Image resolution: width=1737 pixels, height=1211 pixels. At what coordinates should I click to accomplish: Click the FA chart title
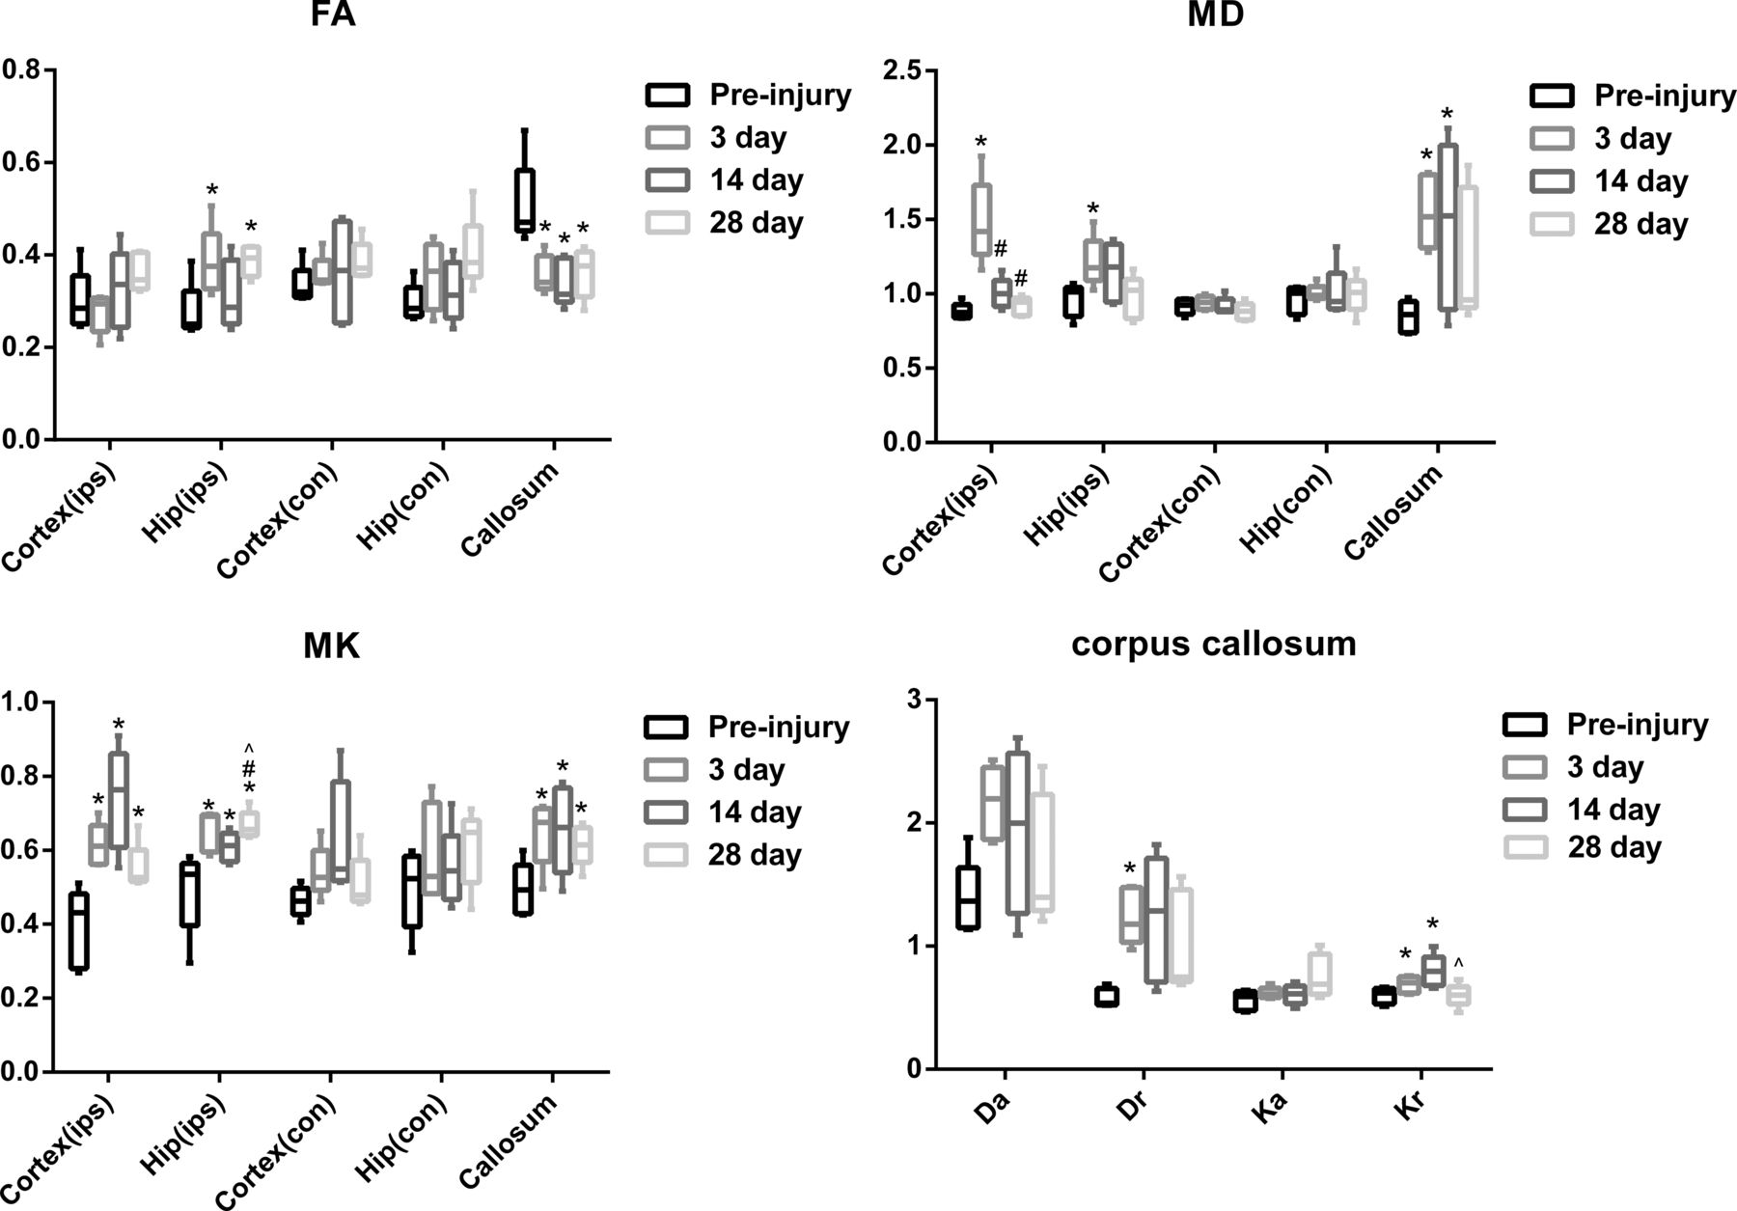(334, 16)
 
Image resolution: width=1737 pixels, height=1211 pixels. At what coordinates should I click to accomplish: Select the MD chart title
(1218, 16)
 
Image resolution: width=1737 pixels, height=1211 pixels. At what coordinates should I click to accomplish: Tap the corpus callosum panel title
(1213, 644)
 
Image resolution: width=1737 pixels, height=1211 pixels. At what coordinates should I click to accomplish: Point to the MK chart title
(331, 647)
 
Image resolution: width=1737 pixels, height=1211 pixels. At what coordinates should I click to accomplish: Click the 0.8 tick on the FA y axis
(20, 70)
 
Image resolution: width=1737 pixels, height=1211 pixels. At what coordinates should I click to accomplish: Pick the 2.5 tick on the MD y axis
(903, 70)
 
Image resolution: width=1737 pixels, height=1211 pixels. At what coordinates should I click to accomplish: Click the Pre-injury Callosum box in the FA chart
(524, 200)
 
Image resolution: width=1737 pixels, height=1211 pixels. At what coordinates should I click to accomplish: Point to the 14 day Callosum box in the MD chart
(1447, 227)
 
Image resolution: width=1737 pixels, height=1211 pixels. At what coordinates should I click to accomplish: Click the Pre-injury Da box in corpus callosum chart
(967, 897)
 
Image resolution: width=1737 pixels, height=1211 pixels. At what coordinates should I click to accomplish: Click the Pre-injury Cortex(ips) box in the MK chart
(79, 929)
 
